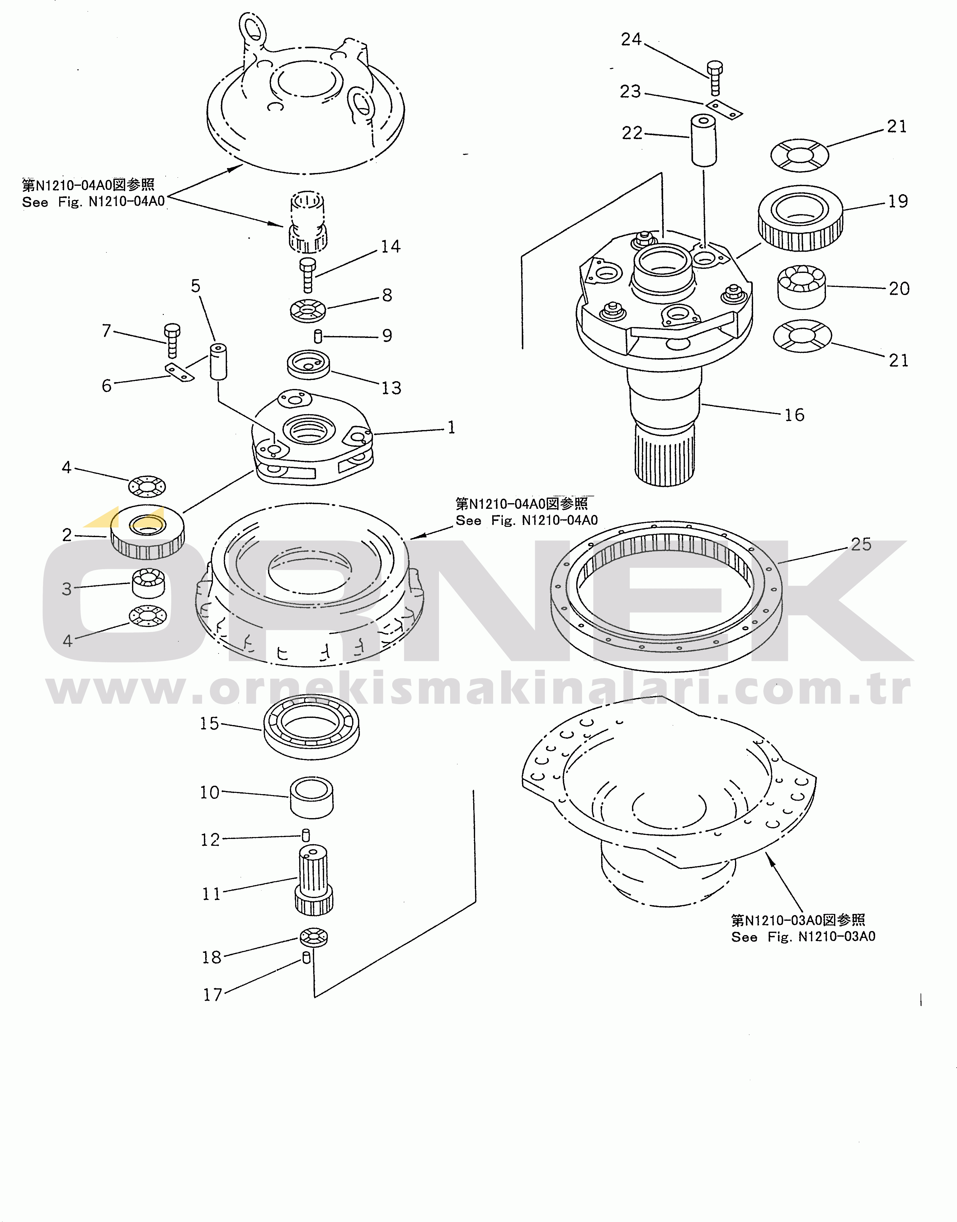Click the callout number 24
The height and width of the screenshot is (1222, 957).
pyautogui.click(x=631, y=40)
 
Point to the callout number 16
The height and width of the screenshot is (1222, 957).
pyautogui.click(x=794, y=415)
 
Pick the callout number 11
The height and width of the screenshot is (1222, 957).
pyautogui.click(x=211, y=893)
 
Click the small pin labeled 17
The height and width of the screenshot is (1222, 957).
pyautogui.click(x=306, y=958)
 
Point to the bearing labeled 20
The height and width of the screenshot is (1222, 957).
pyautogui.click(x=802, y=286)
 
